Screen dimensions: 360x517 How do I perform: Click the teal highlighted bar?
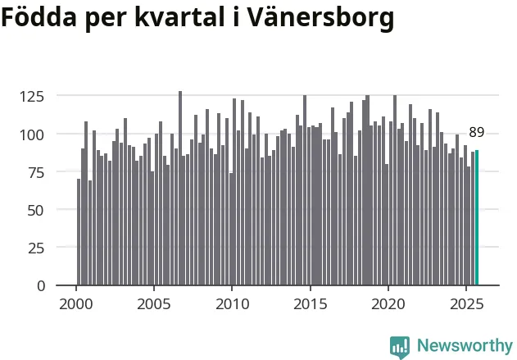coord(477,217)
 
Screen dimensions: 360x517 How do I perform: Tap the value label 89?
coord(477,132)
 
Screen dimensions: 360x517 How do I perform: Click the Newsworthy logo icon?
coord(400,346)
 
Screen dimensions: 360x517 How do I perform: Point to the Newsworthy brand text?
coord(464,346)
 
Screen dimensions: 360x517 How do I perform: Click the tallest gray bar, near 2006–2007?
coord(180,189)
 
